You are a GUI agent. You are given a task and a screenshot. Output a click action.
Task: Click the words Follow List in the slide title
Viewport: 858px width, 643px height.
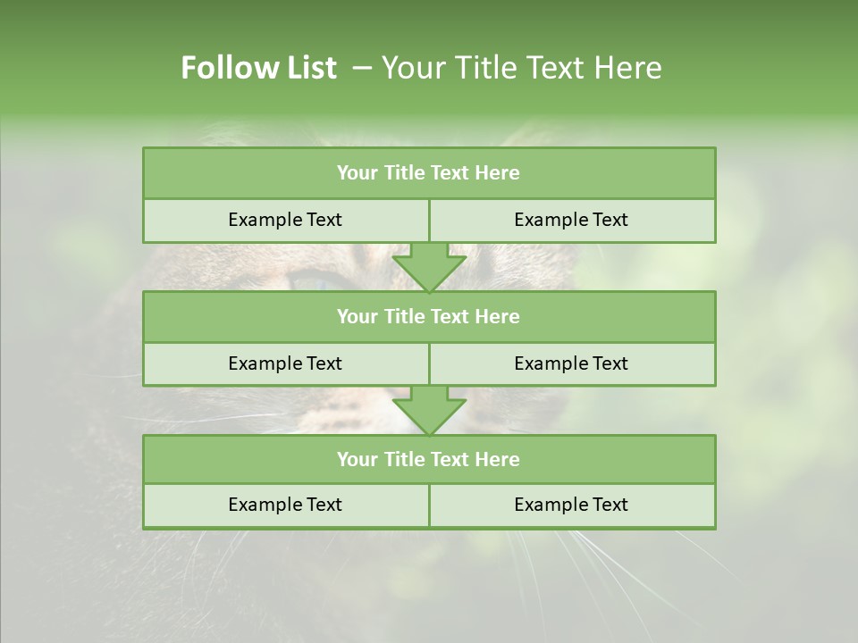pos(258,68)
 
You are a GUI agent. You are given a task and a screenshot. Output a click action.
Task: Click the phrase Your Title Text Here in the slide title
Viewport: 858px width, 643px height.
pos(521,68)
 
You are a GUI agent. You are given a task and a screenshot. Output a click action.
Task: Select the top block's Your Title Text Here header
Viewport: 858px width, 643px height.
pos(428,173)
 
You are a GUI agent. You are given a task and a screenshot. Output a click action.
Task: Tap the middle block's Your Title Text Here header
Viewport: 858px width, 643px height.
pos(428,316)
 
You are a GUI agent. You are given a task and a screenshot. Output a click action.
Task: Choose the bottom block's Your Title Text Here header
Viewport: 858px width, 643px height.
pos(428,459)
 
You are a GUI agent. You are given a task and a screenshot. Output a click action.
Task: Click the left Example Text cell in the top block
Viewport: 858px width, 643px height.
pos(285,220)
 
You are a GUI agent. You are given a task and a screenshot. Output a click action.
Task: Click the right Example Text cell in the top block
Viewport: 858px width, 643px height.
pos(571,220)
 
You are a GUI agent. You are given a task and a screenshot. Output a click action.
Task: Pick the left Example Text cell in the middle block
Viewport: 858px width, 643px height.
pos(285,363)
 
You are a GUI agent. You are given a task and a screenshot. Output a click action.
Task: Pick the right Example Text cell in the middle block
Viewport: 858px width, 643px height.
pos(571,363)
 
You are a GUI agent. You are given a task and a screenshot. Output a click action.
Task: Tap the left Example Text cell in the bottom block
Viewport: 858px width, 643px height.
pos(285,505)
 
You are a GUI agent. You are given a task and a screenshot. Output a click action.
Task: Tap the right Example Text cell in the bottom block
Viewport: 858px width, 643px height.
pos(571,505)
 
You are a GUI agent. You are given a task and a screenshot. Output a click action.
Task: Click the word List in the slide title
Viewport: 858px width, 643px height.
pos(306,68)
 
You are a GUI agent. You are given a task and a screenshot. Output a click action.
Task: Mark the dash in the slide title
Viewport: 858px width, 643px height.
pos(362,68)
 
